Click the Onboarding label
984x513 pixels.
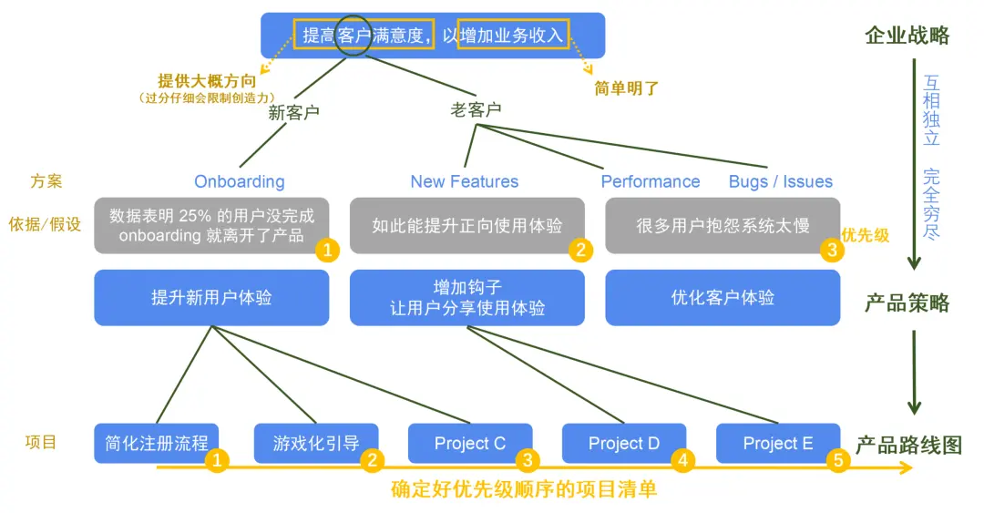point(239,181)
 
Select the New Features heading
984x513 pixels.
point(464,181)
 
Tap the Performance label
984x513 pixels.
point(650,181)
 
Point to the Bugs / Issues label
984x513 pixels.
point(780,181)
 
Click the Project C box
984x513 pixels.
point(469,444)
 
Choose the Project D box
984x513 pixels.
point(623,444)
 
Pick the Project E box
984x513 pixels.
point(777,444)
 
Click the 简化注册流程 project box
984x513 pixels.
point(156,444)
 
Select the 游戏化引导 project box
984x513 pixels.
point(315,444)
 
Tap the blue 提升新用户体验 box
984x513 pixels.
point(211,297)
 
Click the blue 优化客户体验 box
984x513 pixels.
point(723,297)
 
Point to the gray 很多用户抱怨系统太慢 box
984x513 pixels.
point(723,225)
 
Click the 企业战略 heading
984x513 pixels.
point(907,36)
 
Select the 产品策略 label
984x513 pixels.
point(907,303)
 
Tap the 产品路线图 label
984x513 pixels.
point(908,445)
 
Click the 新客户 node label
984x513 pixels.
point(293,113)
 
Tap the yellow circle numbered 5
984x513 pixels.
point(838,461)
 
